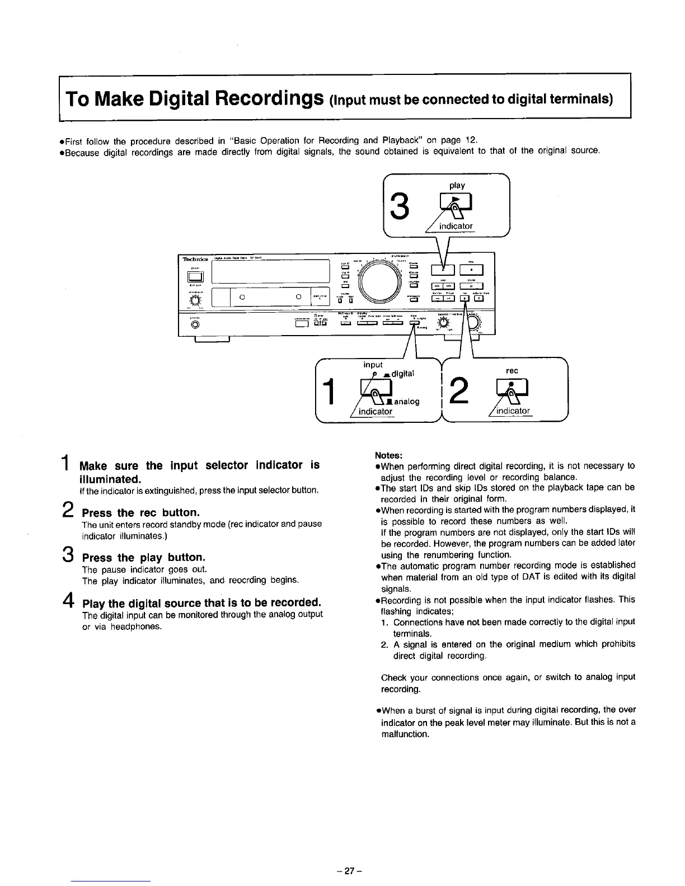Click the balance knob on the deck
point(444,323)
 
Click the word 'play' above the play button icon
point(457,185)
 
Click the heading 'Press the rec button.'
point(140,513)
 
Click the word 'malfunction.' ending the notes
point(405,734)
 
